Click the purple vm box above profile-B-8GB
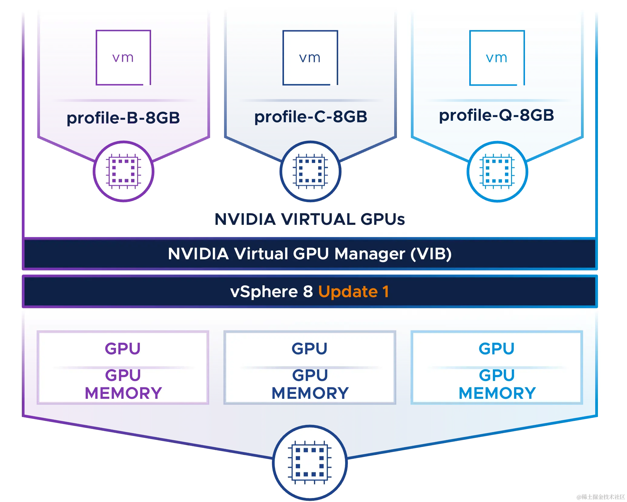point(123,57)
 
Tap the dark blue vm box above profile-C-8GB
point(310,57)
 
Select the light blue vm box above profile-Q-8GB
point(497,57)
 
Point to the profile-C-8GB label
point(311,116)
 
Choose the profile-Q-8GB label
point(497,115)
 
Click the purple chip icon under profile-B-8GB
point(123,172)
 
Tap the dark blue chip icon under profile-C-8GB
point(310,172)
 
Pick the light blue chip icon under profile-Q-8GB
point(497,172)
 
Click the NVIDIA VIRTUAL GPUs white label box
point(310,219)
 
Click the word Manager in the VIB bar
point(370,254)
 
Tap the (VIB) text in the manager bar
point(431,254)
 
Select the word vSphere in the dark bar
point(264,292)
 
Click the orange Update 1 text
point(353,292)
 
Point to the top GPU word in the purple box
point(123,349)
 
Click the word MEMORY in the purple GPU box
point(123,393)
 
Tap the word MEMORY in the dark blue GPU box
point(310,393)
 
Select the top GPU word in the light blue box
point(497,349)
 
